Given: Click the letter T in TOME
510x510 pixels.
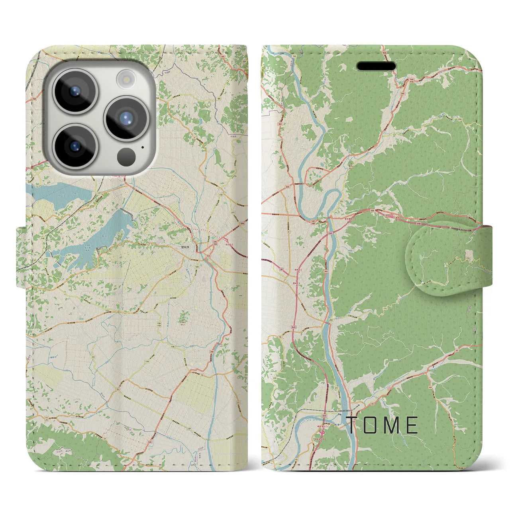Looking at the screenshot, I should (x=352, y=425).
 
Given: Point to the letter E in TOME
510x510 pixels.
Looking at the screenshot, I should (x=412, y=425).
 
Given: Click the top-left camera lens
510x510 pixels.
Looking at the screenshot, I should (x=75, y=91).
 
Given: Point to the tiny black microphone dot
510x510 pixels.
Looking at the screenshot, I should (x=143, y=147).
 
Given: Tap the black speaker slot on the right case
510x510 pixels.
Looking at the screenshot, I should (x=376, y=66).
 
